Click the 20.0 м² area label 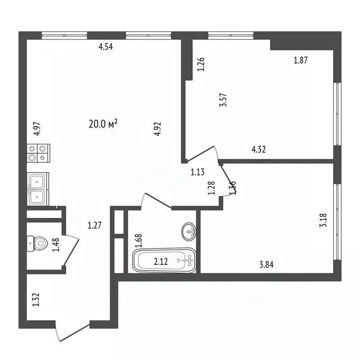pos(103,124)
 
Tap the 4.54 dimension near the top pos(106,46)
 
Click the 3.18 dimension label pos(323,220)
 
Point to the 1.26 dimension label pos(201,64)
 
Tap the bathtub pos(164,261)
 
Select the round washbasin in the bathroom pos(190,231)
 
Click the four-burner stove pos(38,153)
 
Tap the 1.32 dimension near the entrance pos(36,300)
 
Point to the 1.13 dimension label pos(197,172)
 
